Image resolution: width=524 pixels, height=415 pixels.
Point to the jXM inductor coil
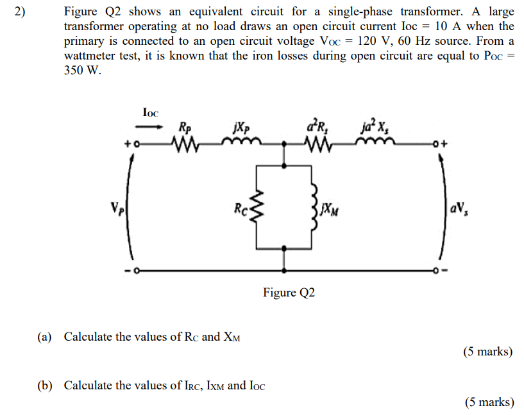pyautogui.click(x=314, y=206)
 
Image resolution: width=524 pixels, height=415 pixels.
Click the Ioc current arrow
pyautogui.click(x=149, y=126)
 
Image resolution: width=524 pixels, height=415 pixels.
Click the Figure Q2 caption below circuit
pyautogui.click(x=289, y=293)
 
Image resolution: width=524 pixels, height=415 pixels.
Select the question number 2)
pyautogui.click(x=17, y=12)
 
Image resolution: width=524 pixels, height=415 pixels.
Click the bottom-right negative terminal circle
pyautogui.click(x=435, y=271)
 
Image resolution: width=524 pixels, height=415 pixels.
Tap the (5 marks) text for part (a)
pyautogui.click(x=487, y=352)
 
